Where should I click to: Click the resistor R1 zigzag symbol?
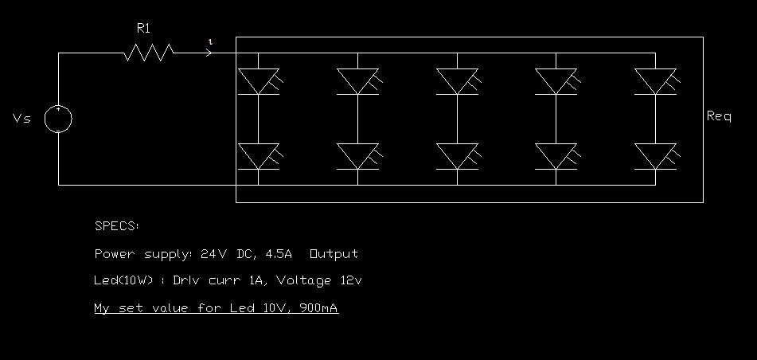pos(149,53)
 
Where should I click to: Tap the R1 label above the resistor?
pos(143,29)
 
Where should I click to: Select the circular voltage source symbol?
pos(58,119)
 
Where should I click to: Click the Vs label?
pos(22,119)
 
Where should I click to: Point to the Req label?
pos(719,116)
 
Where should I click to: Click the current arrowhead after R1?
pos(209,53)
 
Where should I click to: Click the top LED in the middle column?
pos(457,80)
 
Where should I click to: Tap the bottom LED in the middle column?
pos(457,156)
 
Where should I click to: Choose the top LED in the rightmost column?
pos(655,80)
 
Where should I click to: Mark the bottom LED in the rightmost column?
pos(655,156)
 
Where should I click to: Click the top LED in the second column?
pos(357,80)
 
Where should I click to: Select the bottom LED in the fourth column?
pos(556,156)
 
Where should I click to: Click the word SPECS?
pos(116,226)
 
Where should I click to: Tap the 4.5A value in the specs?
pos(279,254)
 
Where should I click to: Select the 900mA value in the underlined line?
pos(318,308)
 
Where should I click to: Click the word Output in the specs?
pos(334,254)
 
